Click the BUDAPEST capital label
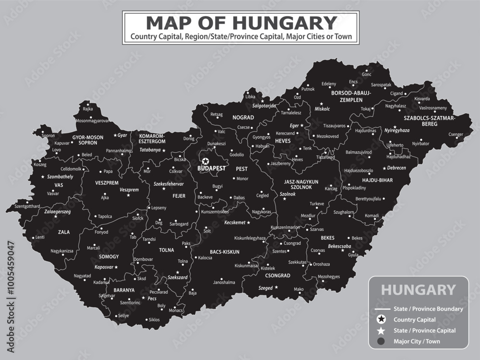(x=212, y=169)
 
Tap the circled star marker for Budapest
(x=206, y=161)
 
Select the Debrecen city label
(x=396, y=168)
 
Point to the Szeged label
(x=265, y=288)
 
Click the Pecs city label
(x=152, y=298)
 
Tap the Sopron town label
(x=48, y=136)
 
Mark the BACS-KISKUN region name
(x=225, y=252)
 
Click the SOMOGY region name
(x=108, y=257)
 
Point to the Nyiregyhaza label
(x=397, y=130)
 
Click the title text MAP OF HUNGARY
(x=240, y=23)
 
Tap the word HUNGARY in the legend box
(x=418, y=289)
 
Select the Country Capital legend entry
(x=414, y=320)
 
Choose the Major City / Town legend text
(x=417, y=342)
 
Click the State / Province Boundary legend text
(x=428, y=309)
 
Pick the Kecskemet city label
(x=235, y=223)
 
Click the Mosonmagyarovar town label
(x=92, y=121)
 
